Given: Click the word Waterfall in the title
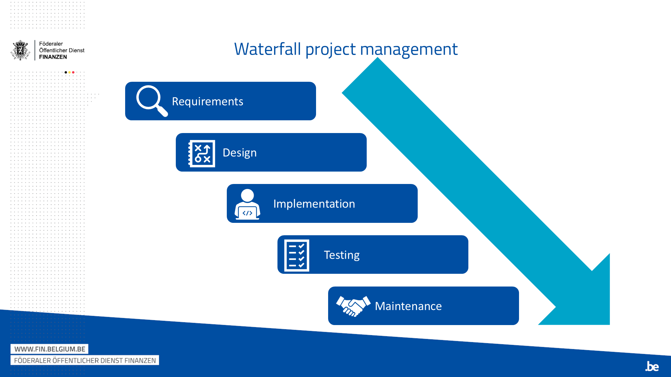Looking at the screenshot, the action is click(267, 49).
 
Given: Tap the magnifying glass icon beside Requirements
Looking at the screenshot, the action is click(152, 101).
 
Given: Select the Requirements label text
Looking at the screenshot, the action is click(207, 102).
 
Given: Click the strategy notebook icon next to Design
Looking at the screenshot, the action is click(201, 153).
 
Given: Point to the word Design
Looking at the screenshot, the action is click(240, 153).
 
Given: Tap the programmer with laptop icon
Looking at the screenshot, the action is click(248, 204).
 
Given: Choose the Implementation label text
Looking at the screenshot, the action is click(314, 204).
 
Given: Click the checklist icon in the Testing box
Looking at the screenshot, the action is click(297, 255).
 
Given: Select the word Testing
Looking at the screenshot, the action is click(342, 255).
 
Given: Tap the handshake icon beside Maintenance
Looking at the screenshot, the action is click(353, 306).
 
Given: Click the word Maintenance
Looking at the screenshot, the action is click(408, 306).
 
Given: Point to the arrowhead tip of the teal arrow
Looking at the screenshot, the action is click(609, 324).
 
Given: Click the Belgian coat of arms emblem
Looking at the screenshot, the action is click(20, 50).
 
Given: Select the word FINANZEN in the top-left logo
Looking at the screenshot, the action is click(53, 57).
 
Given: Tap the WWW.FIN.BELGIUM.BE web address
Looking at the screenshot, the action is click(50, 349).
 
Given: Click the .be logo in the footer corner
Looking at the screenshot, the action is click(652, 366).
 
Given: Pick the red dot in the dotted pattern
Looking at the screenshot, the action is click(73, 72).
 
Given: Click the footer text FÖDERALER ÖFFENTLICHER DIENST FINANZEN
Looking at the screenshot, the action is click(85, 361).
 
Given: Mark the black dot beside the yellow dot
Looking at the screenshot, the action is click(66, 72).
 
